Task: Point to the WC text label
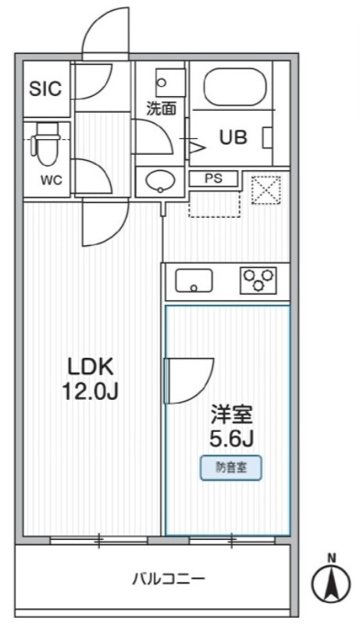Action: (x=52, y=180)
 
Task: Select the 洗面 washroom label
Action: (x=162, y=109)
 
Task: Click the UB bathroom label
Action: (x=233, y=138)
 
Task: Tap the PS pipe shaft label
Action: (x=214, y=178)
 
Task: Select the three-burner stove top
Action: (x=258, y=280)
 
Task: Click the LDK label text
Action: (x=91, y=366)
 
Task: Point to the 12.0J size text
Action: (x=91, y=391)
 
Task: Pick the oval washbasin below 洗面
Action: (x=162, y=180)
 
